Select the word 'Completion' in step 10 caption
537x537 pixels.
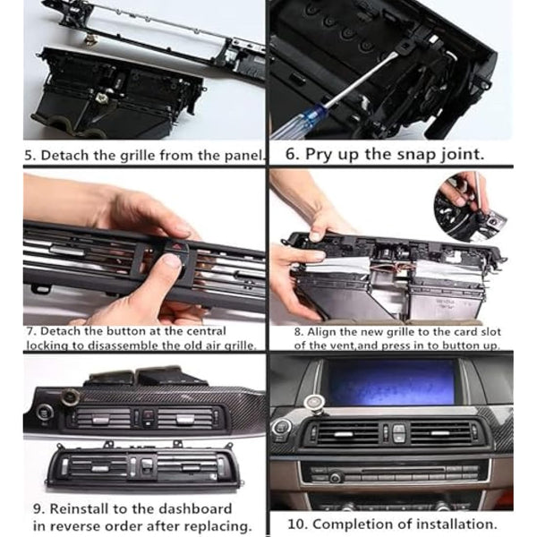[x=355, y=524]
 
